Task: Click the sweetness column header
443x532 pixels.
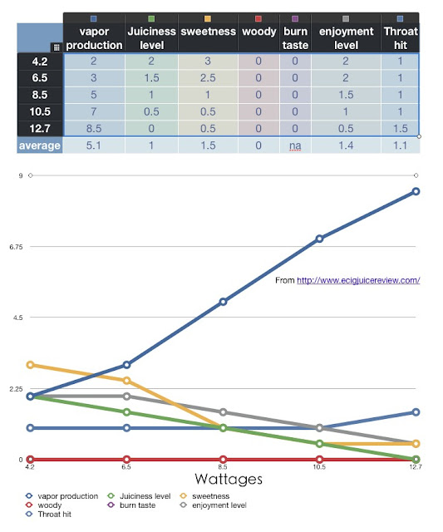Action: tap(208, 32)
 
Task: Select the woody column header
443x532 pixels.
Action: tap(258, 32)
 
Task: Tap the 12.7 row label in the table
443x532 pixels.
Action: tap(40, 129)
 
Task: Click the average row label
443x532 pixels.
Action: tap(40, 145)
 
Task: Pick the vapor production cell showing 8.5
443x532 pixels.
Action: tap(94, 129)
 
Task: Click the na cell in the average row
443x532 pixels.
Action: tap(295, 145)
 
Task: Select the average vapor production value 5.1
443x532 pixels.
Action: tap(94, 145)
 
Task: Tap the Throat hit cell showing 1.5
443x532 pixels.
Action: tap(401, 129)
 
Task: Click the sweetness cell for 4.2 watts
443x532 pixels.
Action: tap(208, 61)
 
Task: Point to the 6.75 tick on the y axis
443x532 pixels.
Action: tap(16, 247)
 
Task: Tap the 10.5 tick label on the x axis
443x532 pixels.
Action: tap(319, 467)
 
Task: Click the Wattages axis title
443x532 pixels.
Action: tap(229, 479)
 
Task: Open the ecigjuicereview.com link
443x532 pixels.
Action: tap(358, 280)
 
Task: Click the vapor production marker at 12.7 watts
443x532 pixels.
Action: tap(416, 192)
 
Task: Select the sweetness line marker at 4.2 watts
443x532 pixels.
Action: tap(30, 365)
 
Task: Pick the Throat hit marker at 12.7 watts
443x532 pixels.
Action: tap(416, 412)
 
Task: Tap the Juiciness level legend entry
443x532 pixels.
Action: tap(140, 496)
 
